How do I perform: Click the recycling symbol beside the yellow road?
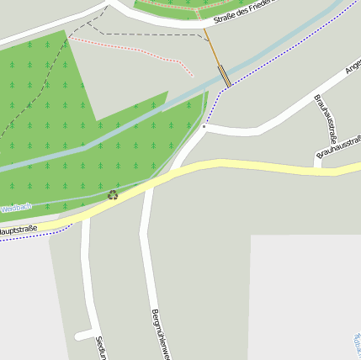[113, 195]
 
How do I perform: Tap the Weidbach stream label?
[15, 208]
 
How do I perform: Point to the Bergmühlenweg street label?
[161, 333]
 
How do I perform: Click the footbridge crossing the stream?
[225, 77]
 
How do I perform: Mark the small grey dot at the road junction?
[204, 127]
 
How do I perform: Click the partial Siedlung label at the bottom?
[100, 347]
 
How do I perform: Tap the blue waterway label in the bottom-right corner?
[356, 345]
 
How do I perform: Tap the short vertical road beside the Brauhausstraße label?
[316, 160]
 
